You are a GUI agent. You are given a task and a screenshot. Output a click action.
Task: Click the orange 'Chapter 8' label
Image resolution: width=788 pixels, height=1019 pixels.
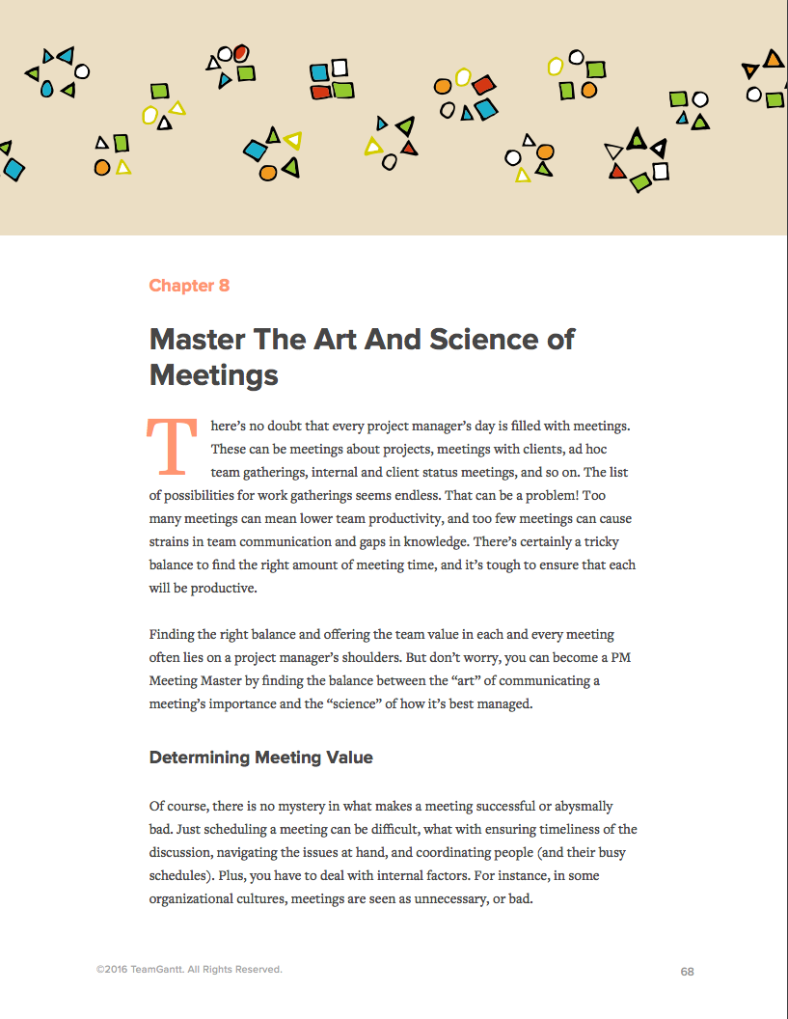[189, 286]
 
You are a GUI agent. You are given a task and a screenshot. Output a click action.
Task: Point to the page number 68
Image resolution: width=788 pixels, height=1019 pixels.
[687, 972]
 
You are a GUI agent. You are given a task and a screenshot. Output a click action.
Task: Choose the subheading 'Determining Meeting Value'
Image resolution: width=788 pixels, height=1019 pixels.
[260, 757]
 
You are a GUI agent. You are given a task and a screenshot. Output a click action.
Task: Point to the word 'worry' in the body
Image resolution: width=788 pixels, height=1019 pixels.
[469, 658]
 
